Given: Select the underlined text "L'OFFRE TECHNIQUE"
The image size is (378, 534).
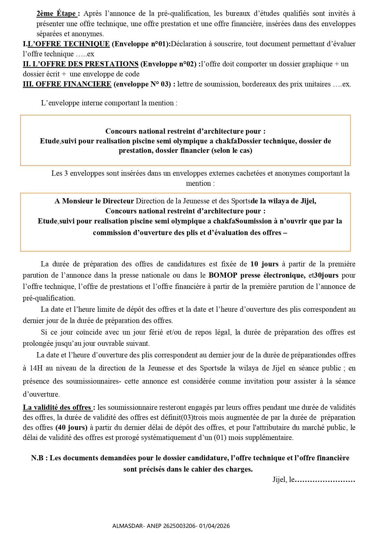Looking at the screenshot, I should point(69,44).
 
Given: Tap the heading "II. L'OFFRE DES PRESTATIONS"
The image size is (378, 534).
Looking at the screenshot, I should point(81,64).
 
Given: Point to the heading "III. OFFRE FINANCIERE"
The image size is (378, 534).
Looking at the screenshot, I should point(67,84).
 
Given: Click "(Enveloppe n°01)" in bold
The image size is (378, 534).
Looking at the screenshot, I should point(141,44).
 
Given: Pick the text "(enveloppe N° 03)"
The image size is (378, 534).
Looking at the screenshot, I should point(142,84).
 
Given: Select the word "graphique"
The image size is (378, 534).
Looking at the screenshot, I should point(317,64).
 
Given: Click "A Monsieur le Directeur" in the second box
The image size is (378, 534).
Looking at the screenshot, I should point(94,201).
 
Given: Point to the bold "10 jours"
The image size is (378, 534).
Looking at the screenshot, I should point(264,264).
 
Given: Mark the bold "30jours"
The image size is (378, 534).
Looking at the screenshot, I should point(326,275).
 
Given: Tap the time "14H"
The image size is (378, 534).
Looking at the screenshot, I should point(36,368).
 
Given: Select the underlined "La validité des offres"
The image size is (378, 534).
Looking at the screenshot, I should point(57,407).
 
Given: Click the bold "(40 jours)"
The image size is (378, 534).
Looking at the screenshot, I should point(71,427).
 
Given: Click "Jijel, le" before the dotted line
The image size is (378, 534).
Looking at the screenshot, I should point(283,480).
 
